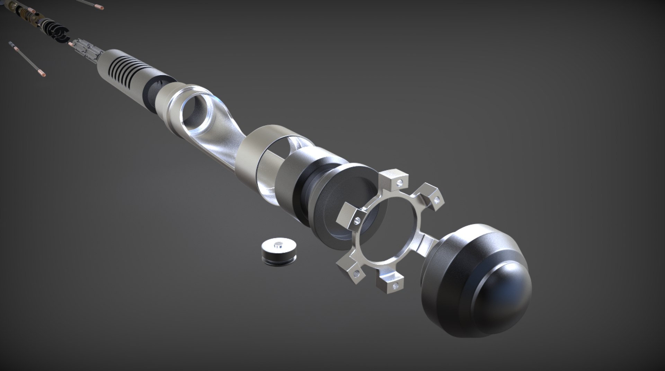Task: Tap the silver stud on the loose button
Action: (x=278, y=245)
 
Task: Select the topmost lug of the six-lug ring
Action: (x=395, y=179)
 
